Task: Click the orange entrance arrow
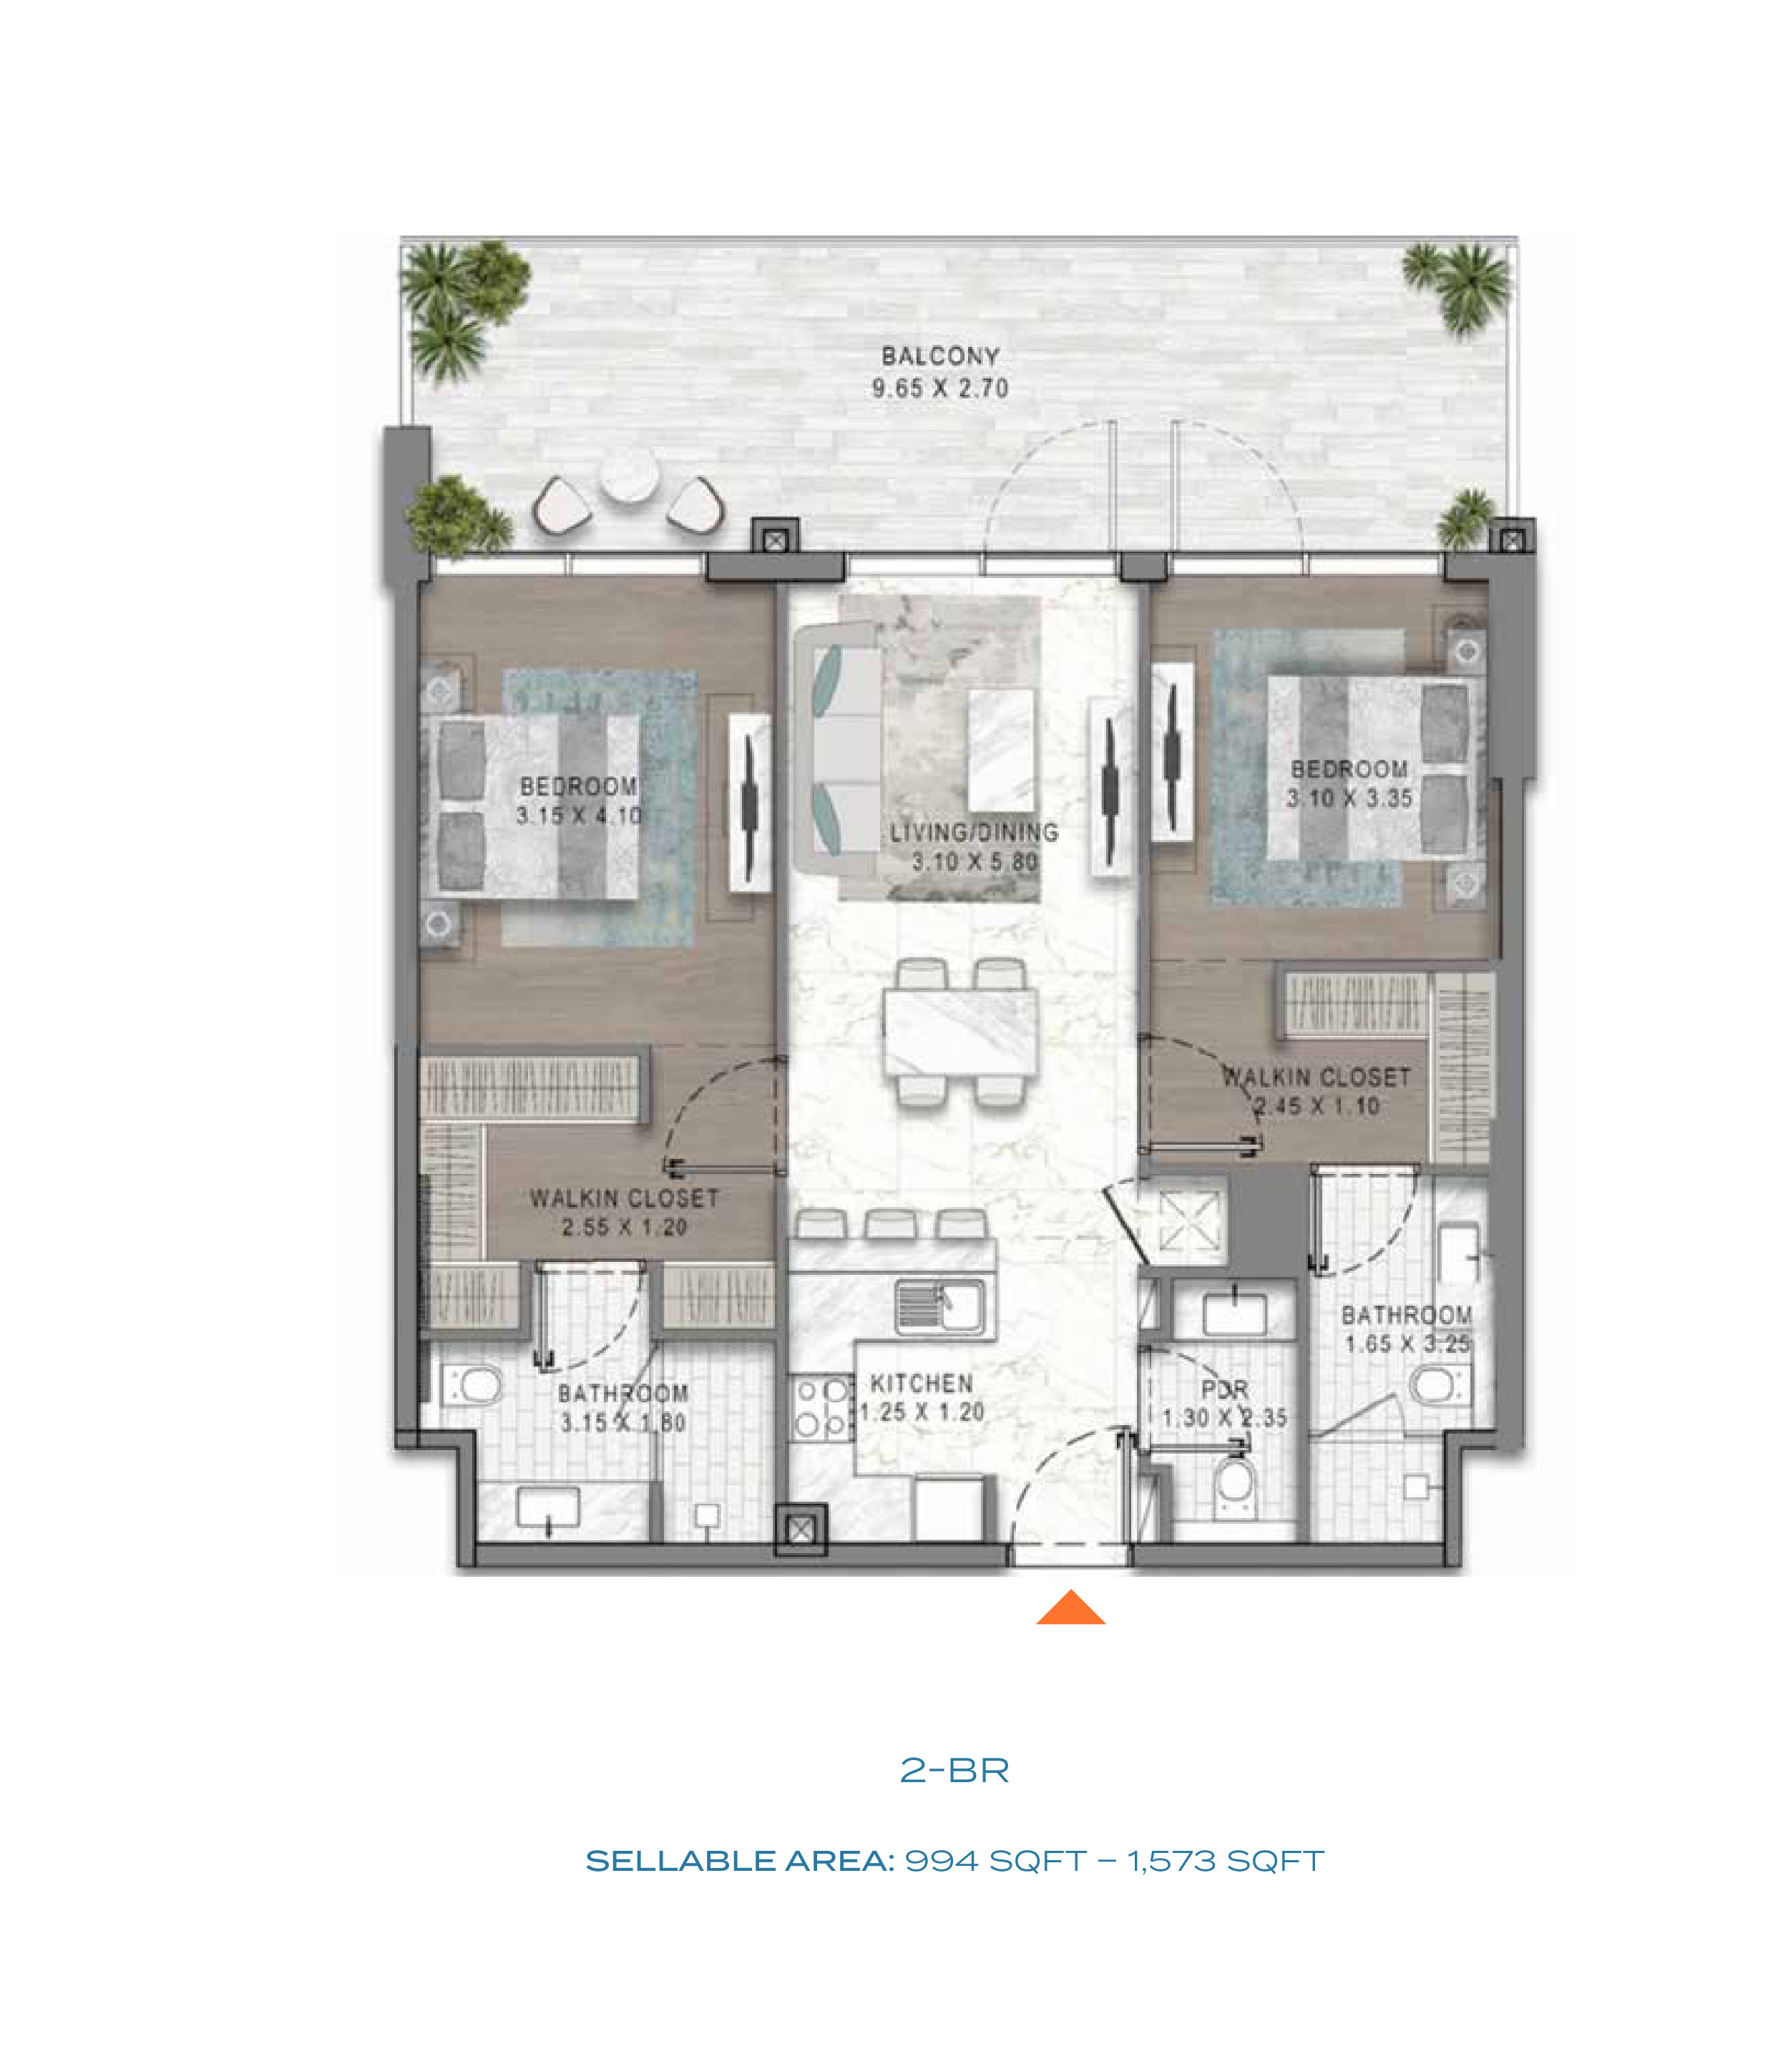[x=1070, y=1608]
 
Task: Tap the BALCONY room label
[x=940, y=356]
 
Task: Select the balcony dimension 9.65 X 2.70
[x=940, y=388]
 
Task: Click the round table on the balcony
[x=628, y=475]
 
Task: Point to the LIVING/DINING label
[x=974, y=832]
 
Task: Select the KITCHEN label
[x=921, y=1383]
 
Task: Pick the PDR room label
[x=1225, y=1389]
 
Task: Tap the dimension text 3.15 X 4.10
[x=579, y=816]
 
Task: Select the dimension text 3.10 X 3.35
[x=1349, y=798]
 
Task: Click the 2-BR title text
[x=954, y=1771]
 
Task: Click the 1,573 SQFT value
[x=1225, y=1861]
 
